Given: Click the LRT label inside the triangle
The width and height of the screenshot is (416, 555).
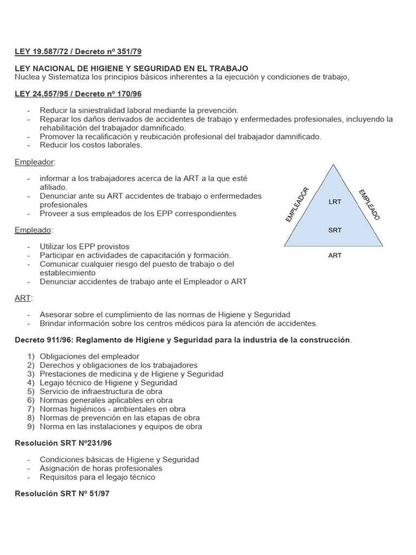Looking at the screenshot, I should click(335, 202).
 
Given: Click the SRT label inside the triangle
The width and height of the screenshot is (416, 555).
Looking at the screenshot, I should click(335, 230).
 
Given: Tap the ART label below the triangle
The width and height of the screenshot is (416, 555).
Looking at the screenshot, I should click(335, 255).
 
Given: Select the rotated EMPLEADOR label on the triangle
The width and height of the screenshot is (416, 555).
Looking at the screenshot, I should click(297, 204).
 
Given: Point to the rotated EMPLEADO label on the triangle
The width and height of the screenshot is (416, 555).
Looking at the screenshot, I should click(369, 204).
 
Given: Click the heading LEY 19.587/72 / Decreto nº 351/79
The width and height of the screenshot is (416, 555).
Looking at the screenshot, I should click(78, 51).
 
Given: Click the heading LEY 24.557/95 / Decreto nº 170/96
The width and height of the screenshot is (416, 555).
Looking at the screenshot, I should click(78, 94).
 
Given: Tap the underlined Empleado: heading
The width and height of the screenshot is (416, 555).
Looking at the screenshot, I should click(34, 230).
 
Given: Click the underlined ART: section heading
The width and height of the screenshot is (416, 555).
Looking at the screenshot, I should click(23, 298).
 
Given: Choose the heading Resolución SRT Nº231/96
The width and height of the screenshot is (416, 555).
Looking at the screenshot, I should click(63, 443).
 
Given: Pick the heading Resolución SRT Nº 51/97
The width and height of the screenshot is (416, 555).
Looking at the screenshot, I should click(63, 494).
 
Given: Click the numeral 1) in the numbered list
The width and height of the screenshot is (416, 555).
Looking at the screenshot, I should click(31, 357).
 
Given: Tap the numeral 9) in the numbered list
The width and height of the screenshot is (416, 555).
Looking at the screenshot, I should click(31, 427).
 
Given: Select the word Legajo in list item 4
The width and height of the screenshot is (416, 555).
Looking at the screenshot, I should click(53, 383).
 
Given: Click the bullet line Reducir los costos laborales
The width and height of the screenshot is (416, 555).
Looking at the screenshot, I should click(91, 145).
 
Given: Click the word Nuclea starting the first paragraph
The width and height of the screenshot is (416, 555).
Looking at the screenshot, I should click(28, 77).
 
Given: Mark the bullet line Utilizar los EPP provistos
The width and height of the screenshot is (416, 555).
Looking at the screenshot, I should click(84, 247).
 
